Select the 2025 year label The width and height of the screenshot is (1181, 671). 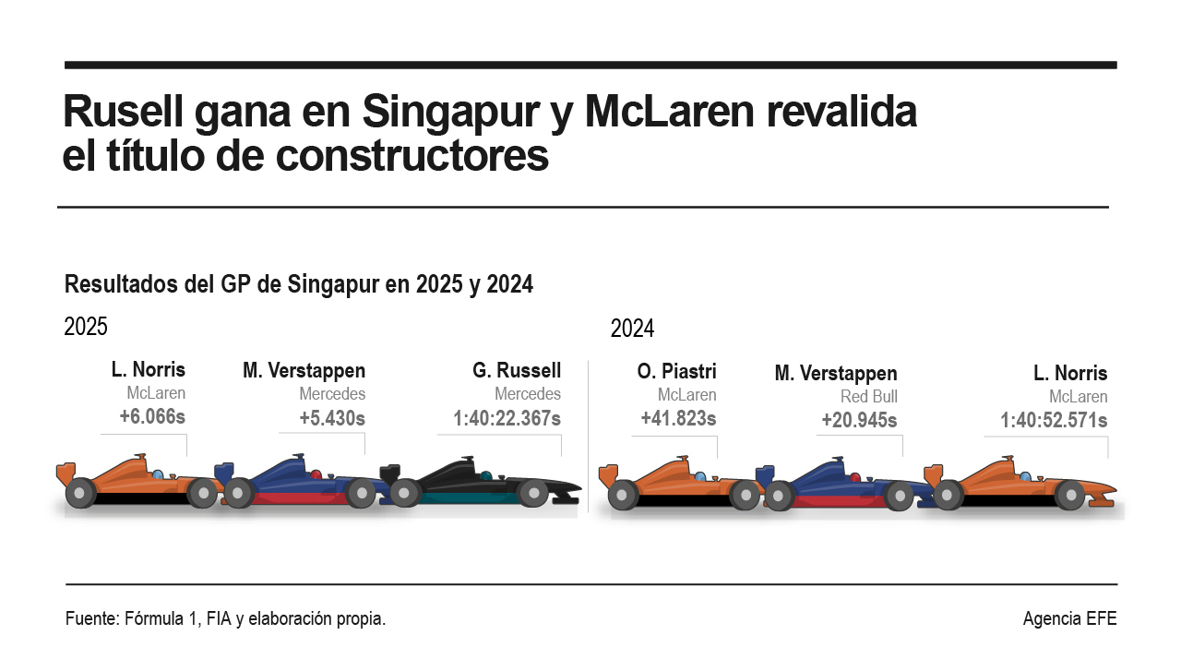[86, 327]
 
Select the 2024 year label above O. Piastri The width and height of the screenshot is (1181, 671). [632, 329]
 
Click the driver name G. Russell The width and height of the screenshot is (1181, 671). [516, 371]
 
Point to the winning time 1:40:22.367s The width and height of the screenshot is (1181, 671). [507, 419]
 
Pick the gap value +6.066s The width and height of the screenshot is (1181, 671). [152, 417]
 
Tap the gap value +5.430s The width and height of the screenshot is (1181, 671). [332, 419]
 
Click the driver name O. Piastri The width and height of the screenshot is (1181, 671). [676, 372]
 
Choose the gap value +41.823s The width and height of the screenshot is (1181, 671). [678, 419]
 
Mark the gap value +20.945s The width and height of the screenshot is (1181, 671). [859, 421]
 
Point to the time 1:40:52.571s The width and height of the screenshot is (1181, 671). [1054, 421]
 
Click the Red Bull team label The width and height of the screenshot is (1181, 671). [868, 397]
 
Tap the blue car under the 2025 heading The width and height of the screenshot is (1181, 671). [300, 485]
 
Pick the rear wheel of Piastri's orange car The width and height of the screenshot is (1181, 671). [623, 496]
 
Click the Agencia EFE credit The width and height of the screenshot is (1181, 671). [1069, 619]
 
